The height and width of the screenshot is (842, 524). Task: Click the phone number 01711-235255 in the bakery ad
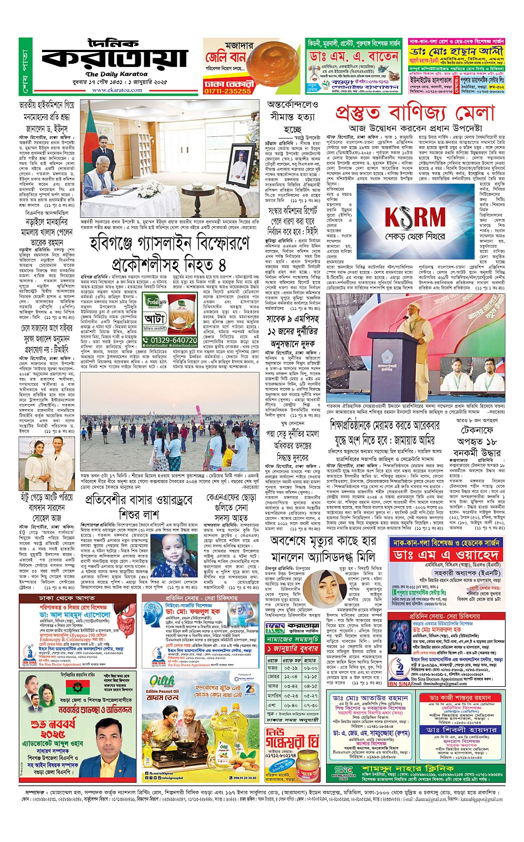pos(227,91)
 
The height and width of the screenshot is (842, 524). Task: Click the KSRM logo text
pos(415,217)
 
